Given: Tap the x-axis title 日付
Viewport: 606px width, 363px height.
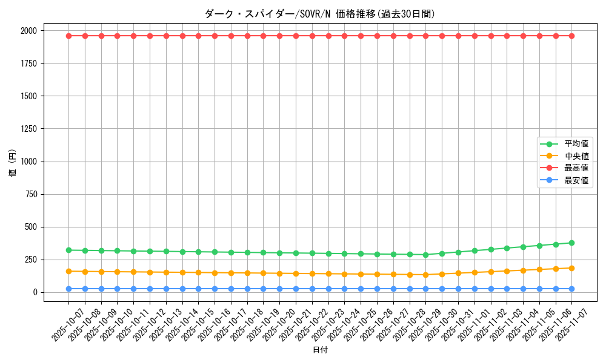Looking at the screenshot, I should (320, 350).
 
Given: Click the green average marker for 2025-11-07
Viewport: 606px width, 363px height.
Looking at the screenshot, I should (571, 243).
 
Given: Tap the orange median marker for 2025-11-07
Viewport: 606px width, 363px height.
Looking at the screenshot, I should (571, 268).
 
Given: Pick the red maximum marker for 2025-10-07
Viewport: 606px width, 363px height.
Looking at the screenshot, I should (68, 36).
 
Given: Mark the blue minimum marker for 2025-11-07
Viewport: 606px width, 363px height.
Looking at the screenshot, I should (571, 289).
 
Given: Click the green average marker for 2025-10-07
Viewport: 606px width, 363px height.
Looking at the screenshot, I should (68, 250).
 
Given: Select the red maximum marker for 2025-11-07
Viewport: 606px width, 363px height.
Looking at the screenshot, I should (571, 36).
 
